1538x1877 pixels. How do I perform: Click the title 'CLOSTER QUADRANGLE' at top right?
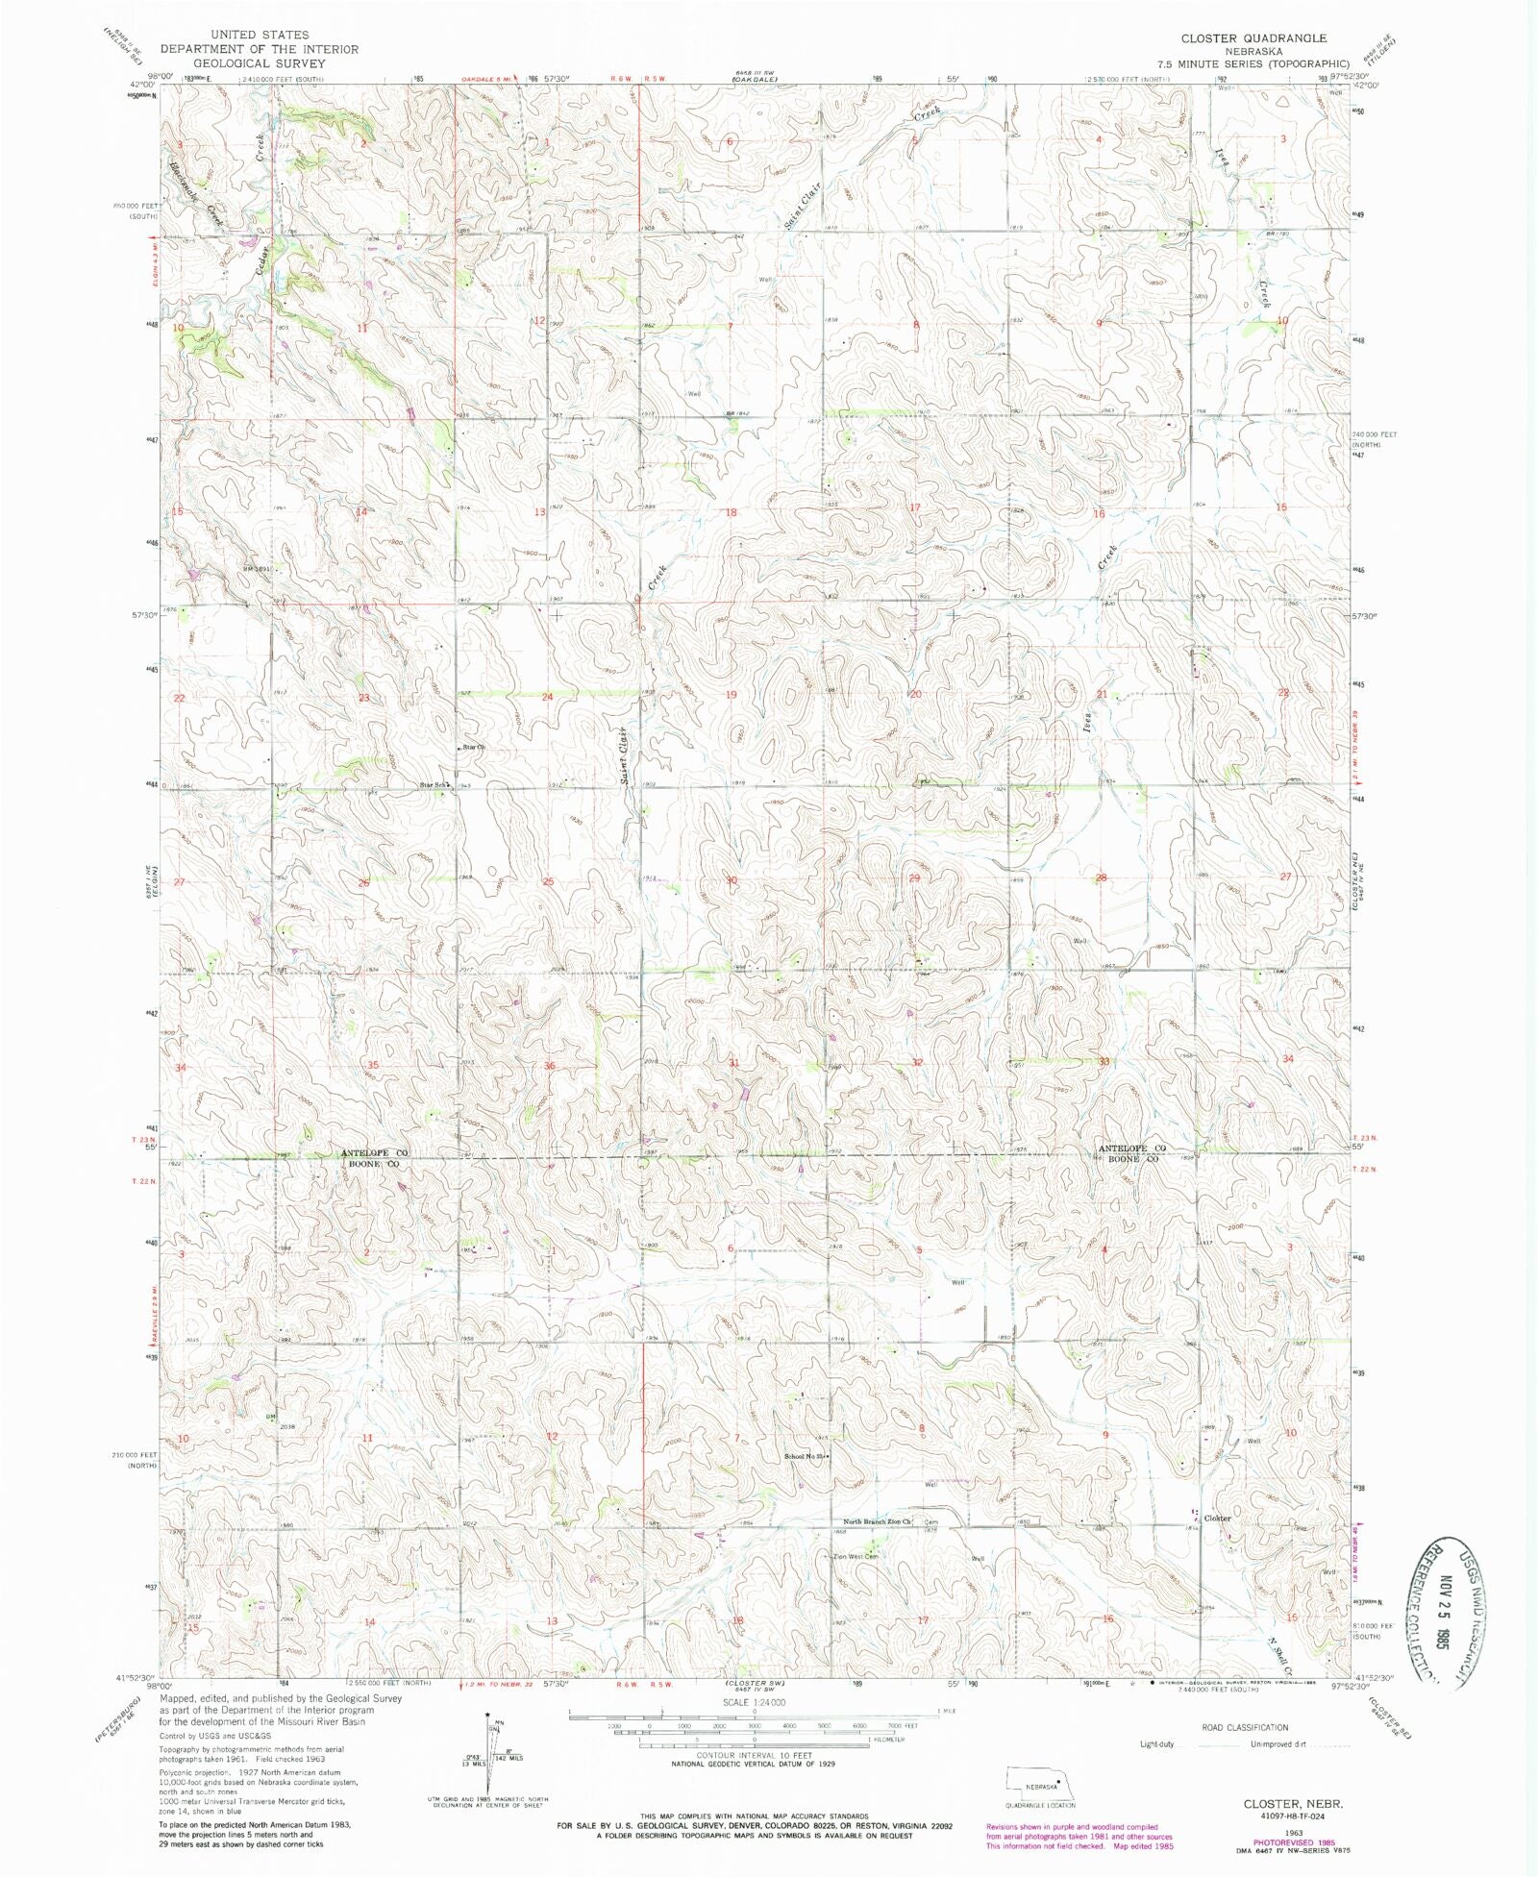click(x=1253, y=37)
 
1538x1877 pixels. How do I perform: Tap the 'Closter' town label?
click(x=1218, y=1518)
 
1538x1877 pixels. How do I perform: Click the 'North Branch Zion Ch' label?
click(x=876, y=1522)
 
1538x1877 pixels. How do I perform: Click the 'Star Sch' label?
click(x=434, y=785)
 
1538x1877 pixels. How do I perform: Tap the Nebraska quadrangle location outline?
click(x=1040, y=1781)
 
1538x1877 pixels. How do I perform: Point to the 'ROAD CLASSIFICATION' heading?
click(x=1245, y=1727)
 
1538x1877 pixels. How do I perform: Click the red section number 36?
click(x=549, y=1066)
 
